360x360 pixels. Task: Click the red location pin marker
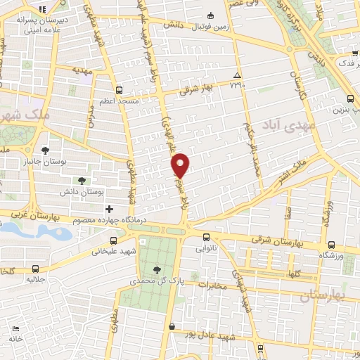click(180, 165)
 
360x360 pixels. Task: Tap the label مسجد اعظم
click(120, 101)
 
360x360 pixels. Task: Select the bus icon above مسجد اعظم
click(118, 90)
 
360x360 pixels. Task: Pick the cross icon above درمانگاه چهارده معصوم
click(109, 209)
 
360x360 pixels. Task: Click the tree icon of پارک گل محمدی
click(156, 269)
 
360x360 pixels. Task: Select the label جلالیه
click(37, 279)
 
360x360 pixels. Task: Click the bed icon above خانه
click(15, 328)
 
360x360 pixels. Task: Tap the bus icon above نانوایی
click(206, 237)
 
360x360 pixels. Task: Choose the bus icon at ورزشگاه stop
click(331, 245)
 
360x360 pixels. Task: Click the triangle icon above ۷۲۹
click(237, 75)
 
